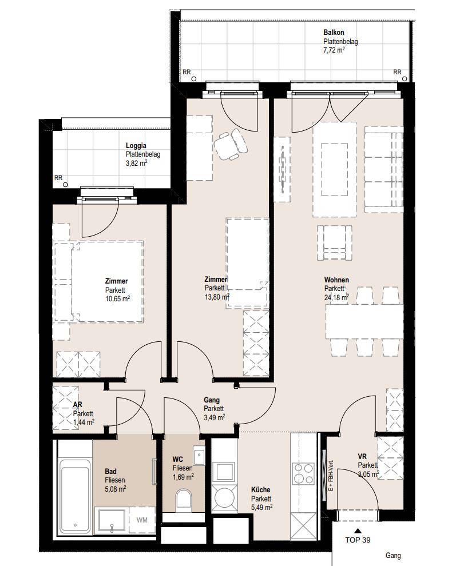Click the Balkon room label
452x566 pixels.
[x=334, y=33]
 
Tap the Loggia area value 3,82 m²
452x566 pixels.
[x=137, y=163]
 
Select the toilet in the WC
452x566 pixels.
[x=184, y=500]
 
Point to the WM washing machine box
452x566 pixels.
[x=142, y=520]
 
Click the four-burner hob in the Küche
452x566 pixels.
[x=303, y=473]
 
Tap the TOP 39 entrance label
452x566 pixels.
[x=358, y=540]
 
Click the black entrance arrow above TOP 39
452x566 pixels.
[x=358, y=531]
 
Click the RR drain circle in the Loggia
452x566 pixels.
[x=65, y=185]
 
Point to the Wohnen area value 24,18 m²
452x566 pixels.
[x=337, y=297]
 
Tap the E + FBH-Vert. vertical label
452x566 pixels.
[x=331, y=476]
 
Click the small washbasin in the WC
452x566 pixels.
[x=199, y=456]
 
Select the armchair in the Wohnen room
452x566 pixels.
[x=334, y=242]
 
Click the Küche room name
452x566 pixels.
[x=260, y=490]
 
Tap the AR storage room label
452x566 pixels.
[x=77, y=405]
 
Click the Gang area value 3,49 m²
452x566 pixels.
[x=215, y=417]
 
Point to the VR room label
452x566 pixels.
[x=362, y=457]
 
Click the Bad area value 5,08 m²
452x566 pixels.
[x=116, y=489]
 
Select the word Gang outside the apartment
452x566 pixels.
[x=393, y=556]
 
